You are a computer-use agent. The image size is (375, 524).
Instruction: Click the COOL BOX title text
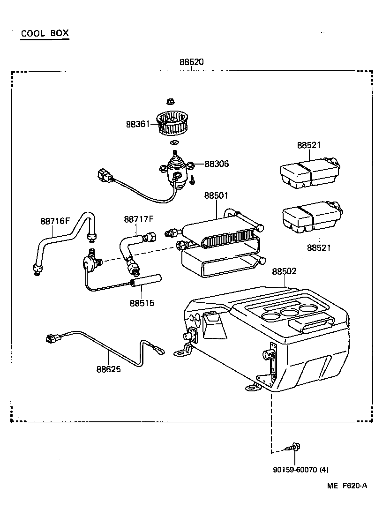point(45,33)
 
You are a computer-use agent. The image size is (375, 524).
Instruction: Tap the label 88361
point(137,124)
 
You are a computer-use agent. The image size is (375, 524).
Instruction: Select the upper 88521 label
point(308,145)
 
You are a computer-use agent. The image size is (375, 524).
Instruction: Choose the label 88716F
point(55,221)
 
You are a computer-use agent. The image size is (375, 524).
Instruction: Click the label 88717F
point(139,219)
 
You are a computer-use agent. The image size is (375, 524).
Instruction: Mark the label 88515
point(142,303)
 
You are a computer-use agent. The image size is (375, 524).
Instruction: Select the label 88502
point(285,271)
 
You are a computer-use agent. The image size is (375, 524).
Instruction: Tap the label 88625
point(109,369)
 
